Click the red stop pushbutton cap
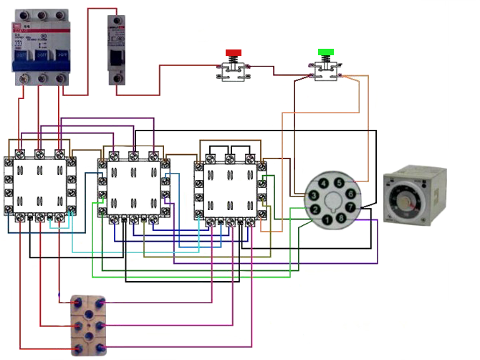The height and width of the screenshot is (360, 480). pyautogui.click(x=234, y=53)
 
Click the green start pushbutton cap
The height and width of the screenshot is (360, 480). pyautogui.click(x=326, y=52)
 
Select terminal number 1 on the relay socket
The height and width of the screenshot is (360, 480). pyautogui.click(x=327, y=219)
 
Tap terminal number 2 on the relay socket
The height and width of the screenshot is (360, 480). pyautogui.click(x=314, y=209)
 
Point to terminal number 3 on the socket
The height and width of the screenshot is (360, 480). pyautogui.click(x=314, y=194)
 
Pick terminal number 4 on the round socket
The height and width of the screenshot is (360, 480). pyautogui.click(x=326, y=184)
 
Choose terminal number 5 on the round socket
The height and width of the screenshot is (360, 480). pyautogui.click(x=339, y=184)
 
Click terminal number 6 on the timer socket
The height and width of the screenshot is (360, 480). pyautogui.click(x=350, y=194)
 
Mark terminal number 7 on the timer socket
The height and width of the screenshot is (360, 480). pyautogui.click(x=350, y=208)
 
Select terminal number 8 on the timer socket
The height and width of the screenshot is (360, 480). pyautogui.click(x=340, y=218)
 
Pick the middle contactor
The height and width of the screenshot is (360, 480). pyautogui.click(x=133, y=186)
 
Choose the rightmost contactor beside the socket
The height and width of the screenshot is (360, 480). pyautogui.click(x=229, y=188)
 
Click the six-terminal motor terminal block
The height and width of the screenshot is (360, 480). pyautogui.click(x=87, y=325)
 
